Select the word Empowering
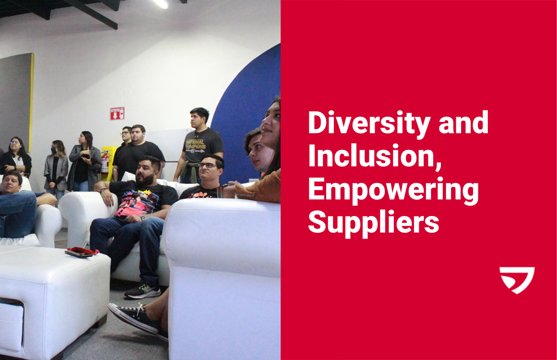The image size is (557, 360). [x=393, y=190]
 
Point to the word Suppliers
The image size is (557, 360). [x=373, y=222]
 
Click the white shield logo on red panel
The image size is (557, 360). [x=517, y=280]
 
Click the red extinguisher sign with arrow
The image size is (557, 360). [x=117, y=113]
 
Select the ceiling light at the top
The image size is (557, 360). [x=161, y=3]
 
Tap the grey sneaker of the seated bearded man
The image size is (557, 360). [x=142, y=290]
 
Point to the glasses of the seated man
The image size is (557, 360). [x=207, y=165]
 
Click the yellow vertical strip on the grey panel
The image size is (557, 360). [x=32, y=101]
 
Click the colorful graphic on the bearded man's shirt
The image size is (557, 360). [x=139, y=197]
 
